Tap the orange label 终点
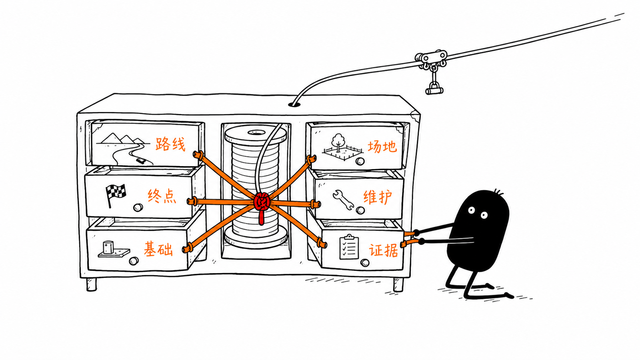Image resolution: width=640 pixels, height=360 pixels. (162, 196)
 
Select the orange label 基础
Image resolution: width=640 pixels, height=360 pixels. (158, 248)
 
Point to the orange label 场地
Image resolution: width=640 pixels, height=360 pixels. (382, 146)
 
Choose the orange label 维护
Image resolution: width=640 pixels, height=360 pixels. (378, 197)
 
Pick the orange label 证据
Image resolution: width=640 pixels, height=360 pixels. (384, 250)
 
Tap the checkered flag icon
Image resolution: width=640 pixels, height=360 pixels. (116, 195)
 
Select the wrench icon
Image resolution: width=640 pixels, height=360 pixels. (343, 199)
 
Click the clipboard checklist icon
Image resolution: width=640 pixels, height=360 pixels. (349, 246)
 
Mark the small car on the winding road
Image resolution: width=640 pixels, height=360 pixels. (140, 160)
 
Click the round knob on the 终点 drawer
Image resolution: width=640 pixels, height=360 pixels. (138, 207)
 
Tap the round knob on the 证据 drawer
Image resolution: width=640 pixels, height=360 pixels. (364, 262)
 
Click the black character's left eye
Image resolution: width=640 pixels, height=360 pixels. (471, 210)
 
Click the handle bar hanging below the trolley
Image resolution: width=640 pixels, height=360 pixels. (434, 91)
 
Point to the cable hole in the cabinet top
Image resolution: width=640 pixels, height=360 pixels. (295, 104)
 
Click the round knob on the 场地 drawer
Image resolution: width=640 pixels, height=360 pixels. (360, 161)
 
